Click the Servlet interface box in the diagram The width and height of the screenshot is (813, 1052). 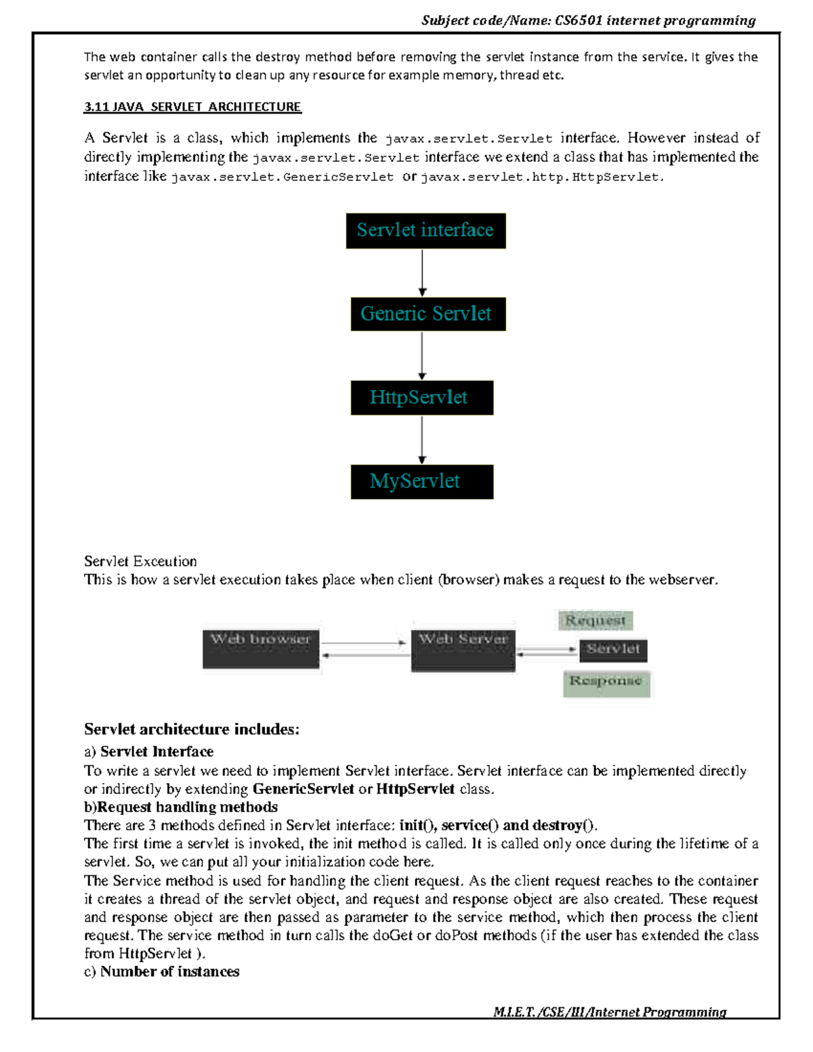tap(425, 230)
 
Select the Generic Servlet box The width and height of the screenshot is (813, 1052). tap(428, 314)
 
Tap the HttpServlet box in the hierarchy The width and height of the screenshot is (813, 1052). tap(421, 398)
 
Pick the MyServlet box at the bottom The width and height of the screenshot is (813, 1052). tap(421, 482)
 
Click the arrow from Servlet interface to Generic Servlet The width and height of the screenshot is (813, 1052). tap(422, 272)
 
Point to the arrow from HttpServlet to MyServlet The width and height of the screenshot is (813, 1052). tap(422, 440)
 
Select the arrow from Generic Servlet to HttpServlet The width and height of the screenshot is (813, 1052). tap(422, 356)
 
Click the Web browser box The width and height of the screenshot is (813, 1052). tap(261, 648)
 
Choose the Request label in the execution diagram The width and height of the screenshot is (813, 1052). tap(596, 620)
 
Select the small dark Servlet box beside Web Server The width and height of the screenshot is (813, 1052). tap(613, 650)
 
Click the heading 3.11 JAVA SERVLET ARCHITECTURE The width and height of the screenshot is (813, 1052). tap(192, 107)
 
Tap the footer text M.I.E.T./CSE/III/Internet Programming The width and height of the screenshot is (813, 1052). tap(610, 1012)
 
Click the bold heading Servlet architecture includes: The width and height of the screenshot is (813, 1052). tap(192, 730)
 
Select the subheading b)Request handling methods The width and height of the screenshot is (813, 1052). tap(181, 807)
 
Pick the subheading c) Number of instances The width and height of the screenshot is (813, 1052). tap(162, 971)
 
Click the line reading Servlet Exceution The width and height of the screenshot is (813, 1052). tap(140, 562)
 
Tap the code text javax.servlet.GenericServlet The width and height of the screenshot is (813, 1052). tap(282, 177)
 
